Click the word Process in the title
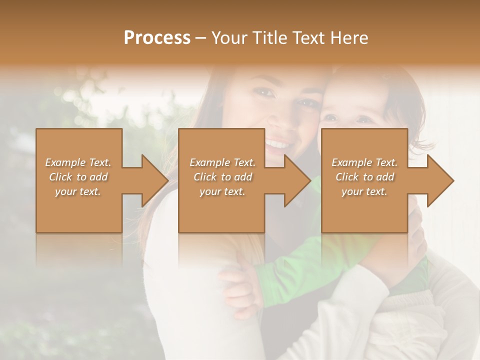157,38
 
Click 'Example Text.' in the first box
78,162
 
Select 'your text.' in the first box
78,191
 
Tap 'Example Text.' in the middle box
222,162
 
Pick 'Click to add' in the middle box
222,177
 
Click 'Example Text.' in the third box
364,162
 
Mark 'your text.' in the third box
364,191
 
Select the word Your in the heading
229,38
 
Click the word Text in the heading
307,38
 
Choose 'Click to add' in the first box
78,177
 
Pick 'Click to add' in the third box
364,177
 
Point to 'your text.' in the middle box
222,191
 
